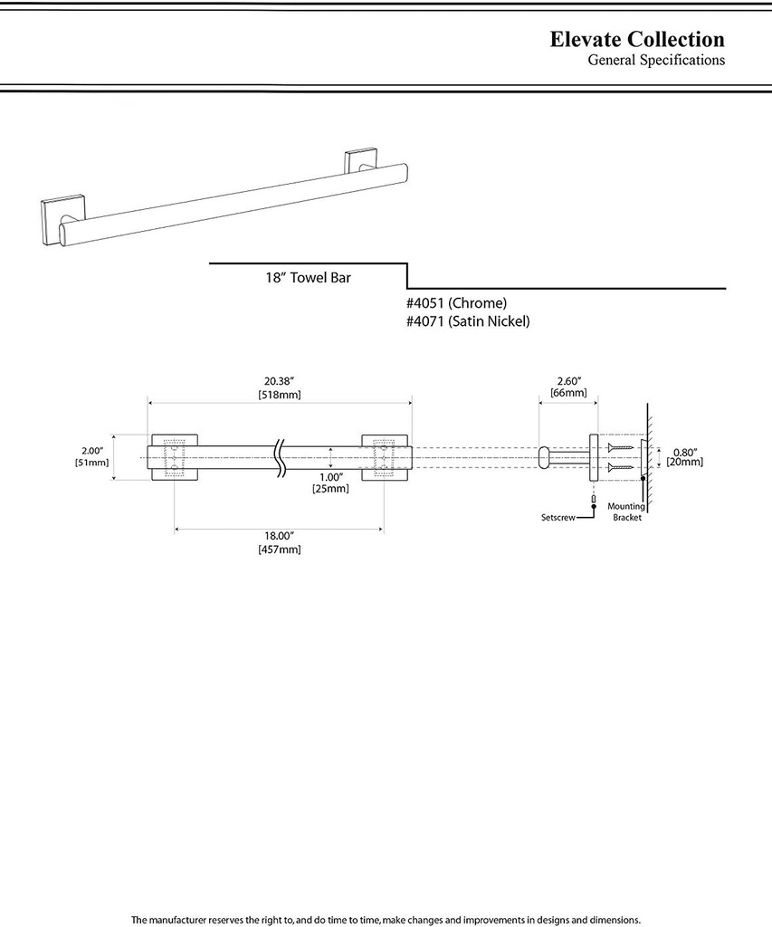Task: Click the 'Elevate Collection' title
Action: pyautogui.click(x=637, y=40)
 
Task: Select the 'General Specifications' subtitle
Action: pyautogui.click(x=656, y=61)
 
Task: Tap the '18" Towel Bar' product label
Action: pyautogui.click(x=302, y=278)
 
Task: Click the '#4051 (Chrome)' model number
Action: pyautogui.click(x=456, y=303)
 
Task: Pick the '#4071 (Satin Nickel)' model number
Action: pyautogui.click(x=468, y=321)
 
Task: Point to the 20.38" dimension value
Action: pyautogui.click(x=279, y=381)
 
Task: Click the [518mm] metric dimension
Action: pyautogui.click(x=279, y=395)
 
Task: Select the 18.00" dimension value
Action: pyautogui.click(x=279, y=535)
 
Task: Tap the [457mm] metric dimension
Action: pyautogui.click(x=279, y=550)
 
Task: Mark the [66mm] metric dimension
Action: pyautogui.click(x=567, y=393)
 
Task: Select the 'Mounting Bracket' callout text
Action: pyautogui.click(x=625, y=512)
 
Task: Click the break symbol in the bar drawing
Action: pyautogui.click(x=281, y=456)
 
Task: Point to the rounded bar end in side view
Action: pyautogui.click(x=545, y=457)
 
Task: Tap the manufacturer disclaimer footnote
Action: pyautogui.click(x=386, y=919)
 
